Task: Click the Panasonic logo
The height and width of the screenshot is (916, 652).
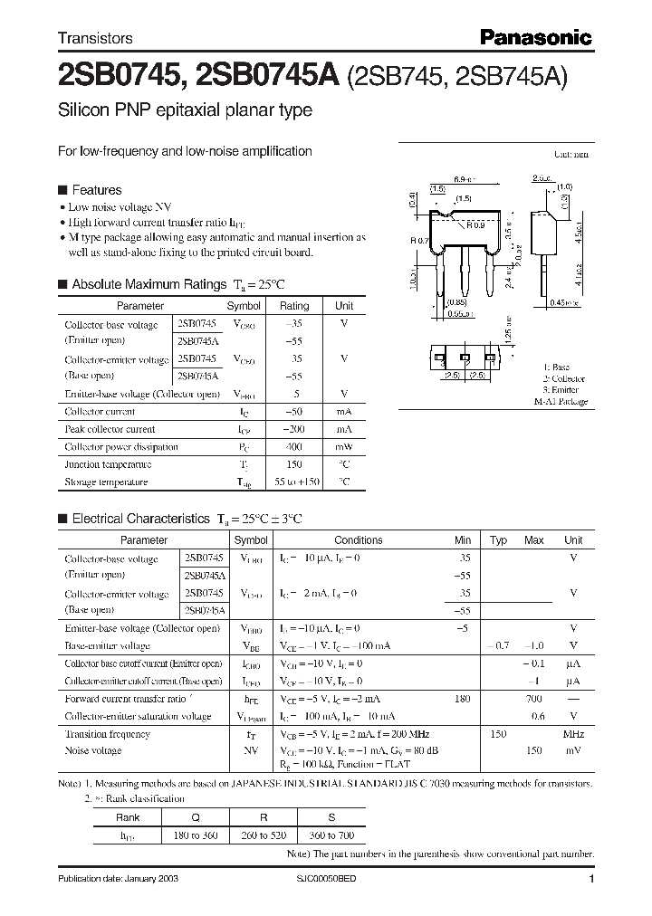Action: pos(535,37)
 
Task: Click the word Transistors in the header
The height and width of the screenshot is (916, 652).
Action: pos(95,38)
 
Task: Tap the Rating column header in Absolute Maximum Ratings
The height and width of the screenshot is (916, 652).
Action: pos(294,306)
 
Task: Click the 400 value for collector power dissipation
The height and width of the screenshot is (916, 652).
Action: pos(294,447)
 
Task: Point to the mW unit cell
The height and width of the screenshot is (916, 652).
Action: pos(344,447)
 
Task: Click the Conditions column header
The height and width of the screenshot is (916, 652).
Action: pos(359,540)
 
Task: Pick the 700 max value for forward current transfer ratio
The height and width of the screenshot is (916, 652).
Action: pos(533,699)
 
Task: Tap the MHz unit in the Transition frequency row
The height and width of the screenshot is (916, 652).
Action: pos(573,734)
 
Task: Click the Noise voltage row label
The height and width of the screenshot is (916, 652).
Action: pos(94,751)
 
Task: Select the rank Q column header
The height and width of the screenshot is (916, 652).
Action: pos(195,816)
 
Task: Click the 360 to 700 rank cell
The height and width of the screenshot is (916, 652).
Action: pos(331,835)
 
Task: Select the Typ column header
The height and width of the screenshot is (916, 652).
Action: pos(498,540)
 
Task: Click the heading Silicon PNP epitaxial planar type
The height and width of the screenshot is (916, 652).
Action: pos(185,110)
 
